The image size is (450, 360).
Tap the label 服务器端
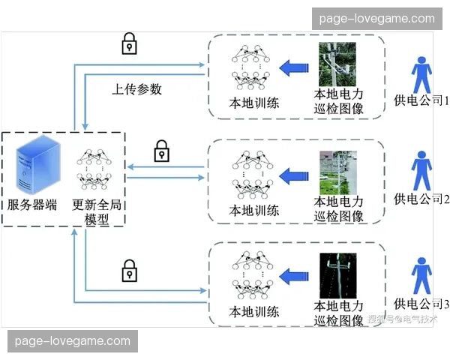tap(32, 205)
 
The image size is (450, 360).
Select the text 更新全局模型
tap(97, 211)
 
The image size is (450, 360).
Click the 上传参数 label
tap(137, 89)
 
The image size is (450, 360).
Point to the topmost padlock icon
tap(130, 43)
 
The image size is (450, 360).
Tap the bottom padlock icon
tap(130, 269)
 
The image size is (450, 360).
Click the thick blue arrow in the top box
tap(294, 69)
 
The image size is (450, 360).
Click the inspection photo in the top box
tap(337, 64)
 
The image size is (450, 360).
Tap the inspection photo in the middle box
tap(337, 172)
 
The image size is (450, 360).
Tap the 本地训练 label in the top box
tap(254, 103)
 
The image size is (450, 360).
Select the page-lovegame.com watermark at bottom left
tap(73, 341)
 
